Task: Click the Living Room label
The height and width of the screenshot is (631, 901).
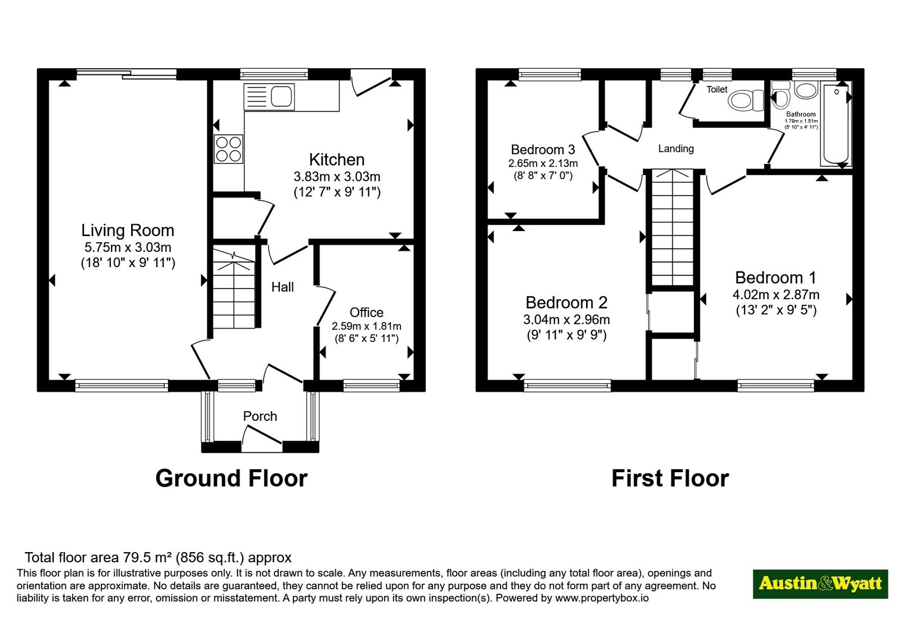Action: click(x=127, y=230)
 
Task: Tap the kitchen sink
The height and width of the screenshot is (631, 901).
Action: click(x=269, y=97)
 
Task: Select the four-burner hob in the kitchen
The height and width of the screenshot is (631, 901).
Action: click(x=229, y=149)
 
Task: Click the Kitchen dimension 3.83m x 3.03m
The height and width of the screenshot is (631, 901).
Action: click(x=337, y=177)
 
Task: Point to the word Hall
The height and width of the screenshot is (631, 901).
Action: click(x=282, y=287)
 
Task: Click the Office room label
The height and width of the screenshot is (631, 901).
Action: click(x=367, y=312)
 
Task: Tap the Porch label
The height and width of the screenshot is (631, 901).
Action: click(x=260, y=416)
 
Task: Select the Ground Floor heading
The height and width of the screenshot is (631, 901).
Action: click(x=231, y=478)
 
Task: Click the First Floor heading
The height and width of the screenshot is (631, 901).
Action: click(x=670, y=478)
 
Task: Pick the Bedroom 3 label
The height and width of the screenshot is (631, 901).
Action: click(x=543, y=150)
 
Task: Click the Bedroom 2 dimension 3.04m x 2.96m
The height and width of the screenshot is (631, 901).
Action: click(x=567, y=320)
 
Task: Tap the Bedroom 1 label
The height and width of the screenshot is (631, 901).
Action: click(x=776, y=278)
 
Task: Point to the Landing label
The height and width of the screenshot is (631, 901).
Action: click(x=676, y=149)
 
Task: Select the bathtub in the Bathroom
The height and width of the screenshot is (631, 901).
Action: click(x=836, y=125)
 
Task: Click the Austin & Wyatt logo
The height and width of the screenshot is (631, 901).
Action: click(x=820, y=584)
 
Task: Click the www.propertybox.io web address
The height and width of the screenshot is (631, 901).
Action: click(x=602, y=598)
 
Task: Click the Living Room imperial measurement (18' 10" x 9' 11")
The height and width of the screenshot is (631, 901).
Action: click(x=128, y=263)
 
